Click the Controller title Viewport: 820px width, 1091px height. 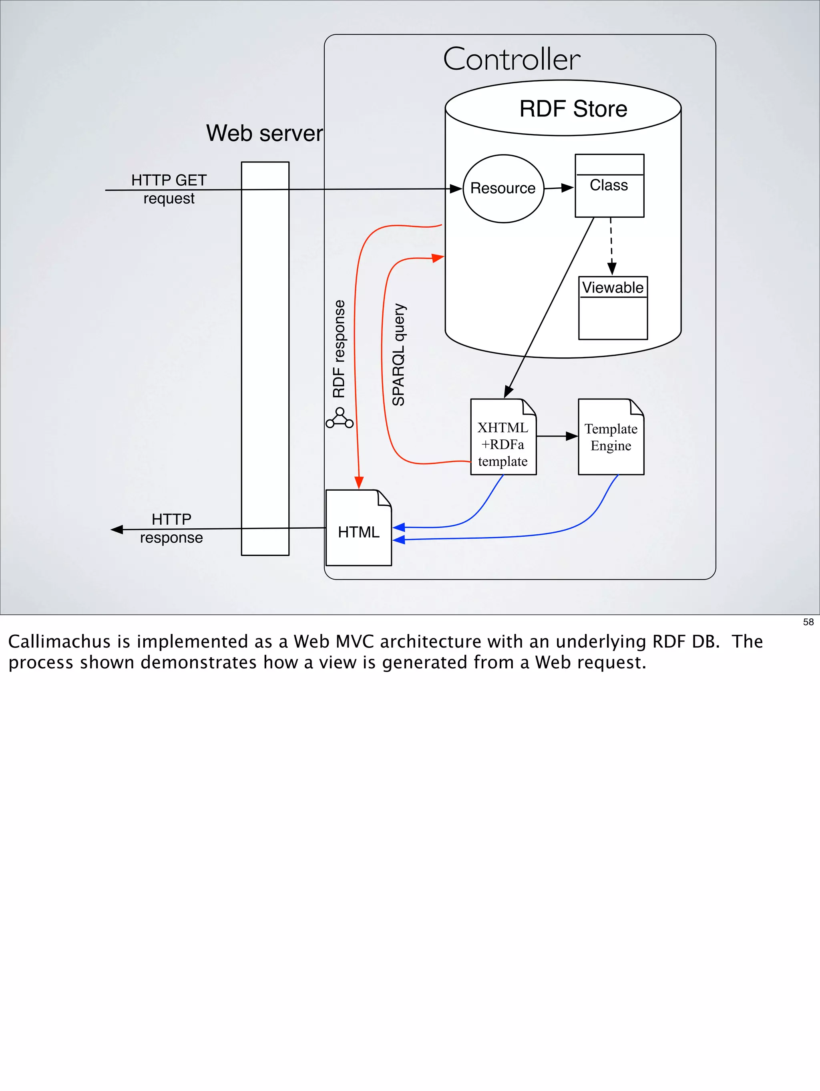click(x=512, y=59)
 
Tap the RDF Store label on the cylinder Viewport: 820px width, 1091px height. click(x=573, y=108)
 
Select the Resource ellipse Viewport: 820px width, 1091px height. click(x=503, y=189)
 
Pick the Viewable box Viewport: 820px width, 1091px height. click(x=613, y=308)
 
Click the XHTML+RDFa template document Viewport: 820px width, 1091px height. click(x=503, y=437)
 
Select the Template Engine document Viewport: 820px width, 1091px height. click(x=611, y=437)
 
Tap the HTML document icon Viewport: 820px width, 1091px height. click(x=359, y=528)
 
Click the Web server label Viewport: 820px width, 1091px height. click(x=264, y=133)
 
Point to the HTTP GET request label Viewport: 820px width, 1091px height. click(x=169, y=189)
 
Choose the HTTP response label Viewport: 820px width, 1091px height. click(x=171, y=528)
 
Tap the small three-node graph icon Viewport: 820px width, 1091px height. click(x=340, y=418)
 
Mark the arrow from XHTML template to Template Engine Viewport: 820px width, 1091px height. click(x=557, y=436)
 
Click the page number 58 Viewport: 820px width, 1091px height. click(x=808, y=622)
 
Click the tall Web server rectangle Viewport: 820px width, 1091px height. click(x=265, y=359)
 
